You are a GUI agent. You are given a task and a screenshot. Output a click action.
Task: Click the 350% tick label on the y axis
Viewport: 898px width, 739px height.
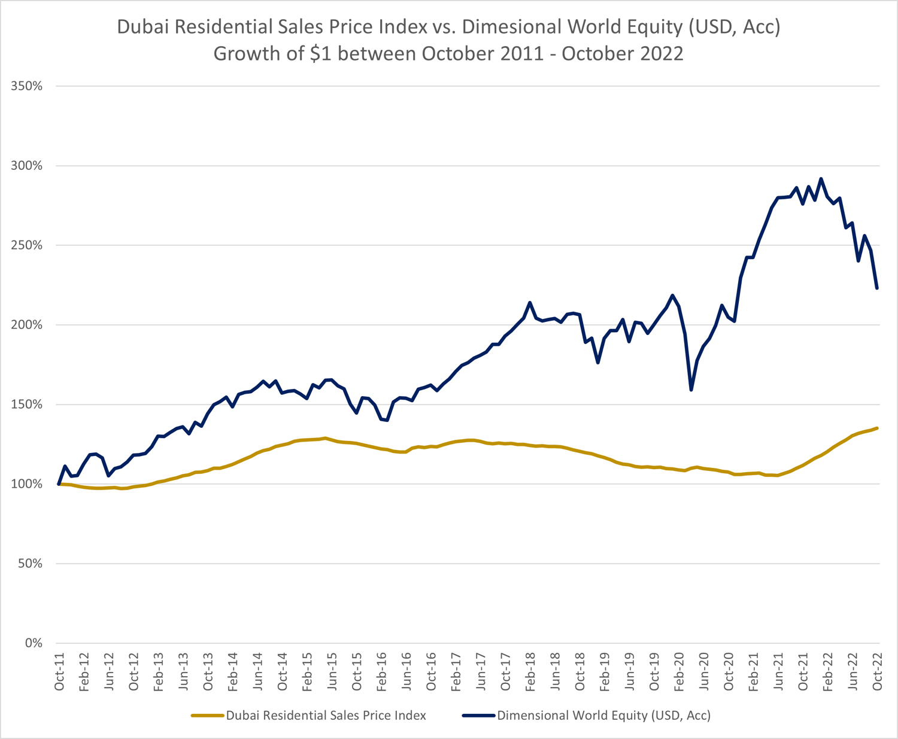tap(27, 86)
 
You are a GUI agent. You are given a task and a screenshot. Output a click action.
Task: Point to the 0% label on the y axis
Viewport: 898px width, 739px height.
tap(33, 643)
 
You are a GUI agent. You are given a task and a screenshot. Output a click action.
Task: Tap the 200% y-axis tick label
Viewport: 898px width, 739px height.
tap(27, 325)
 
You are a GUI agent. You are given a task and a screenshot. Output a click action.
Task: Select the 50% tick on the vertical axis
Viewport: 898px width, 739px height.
tap(30, 564)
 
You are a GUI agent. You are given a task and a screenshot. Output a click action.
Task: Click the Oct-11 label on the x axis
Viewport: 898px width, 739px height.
tap(59, 674)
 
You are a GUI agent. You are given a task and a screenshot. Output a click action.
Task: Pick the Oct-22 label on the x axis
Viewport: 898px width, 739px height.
tap(878, 674)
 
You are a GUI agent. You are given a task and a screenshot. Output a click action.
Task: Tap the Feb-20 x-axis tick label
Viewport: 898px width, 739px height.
tap(679, 674)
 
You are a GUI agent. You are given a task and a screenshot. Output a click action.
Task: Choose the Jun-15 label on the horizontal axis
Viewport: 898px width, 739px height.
tap(332, 674)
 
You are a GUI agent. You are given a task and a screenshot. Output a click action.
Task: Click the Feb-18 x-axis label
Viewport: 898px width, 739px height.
tap(530, 674)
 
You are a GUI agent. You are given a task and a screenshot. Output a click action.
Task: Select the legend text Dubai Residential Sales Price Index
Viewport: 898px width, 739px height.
tap(326, 715)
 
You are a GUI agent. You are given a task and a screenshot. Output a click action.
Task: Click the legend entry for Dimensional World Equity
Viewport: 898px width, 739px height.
tap(603, 715)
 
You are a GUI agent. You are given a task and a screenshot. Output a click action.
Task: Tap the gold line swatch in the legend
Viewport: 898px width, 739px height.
tap(208, 715)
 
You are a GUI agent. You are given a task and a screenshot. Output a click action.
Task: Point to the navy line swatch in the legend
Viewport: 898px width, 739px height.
tap(479, 715)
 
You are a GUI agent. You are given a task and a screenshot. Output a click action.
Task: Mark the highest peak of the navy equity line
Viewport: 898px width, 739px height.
tap(821, 178)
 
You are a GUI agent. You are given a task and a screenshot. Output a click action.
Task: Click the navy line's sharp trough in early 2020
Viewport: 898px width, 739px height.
tap(691, 390)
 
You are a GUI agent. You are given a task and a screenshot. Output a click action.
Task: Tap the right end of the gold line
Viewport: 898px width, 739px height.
tap(878, 428)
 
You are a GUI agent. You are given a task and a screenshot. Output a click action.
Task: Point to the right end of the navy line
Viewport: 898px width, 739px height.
tap(878, 288)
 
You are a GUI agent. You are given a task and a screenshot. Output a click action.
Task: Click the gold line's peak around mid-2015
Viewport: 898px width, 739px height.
tap(325, 438)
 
